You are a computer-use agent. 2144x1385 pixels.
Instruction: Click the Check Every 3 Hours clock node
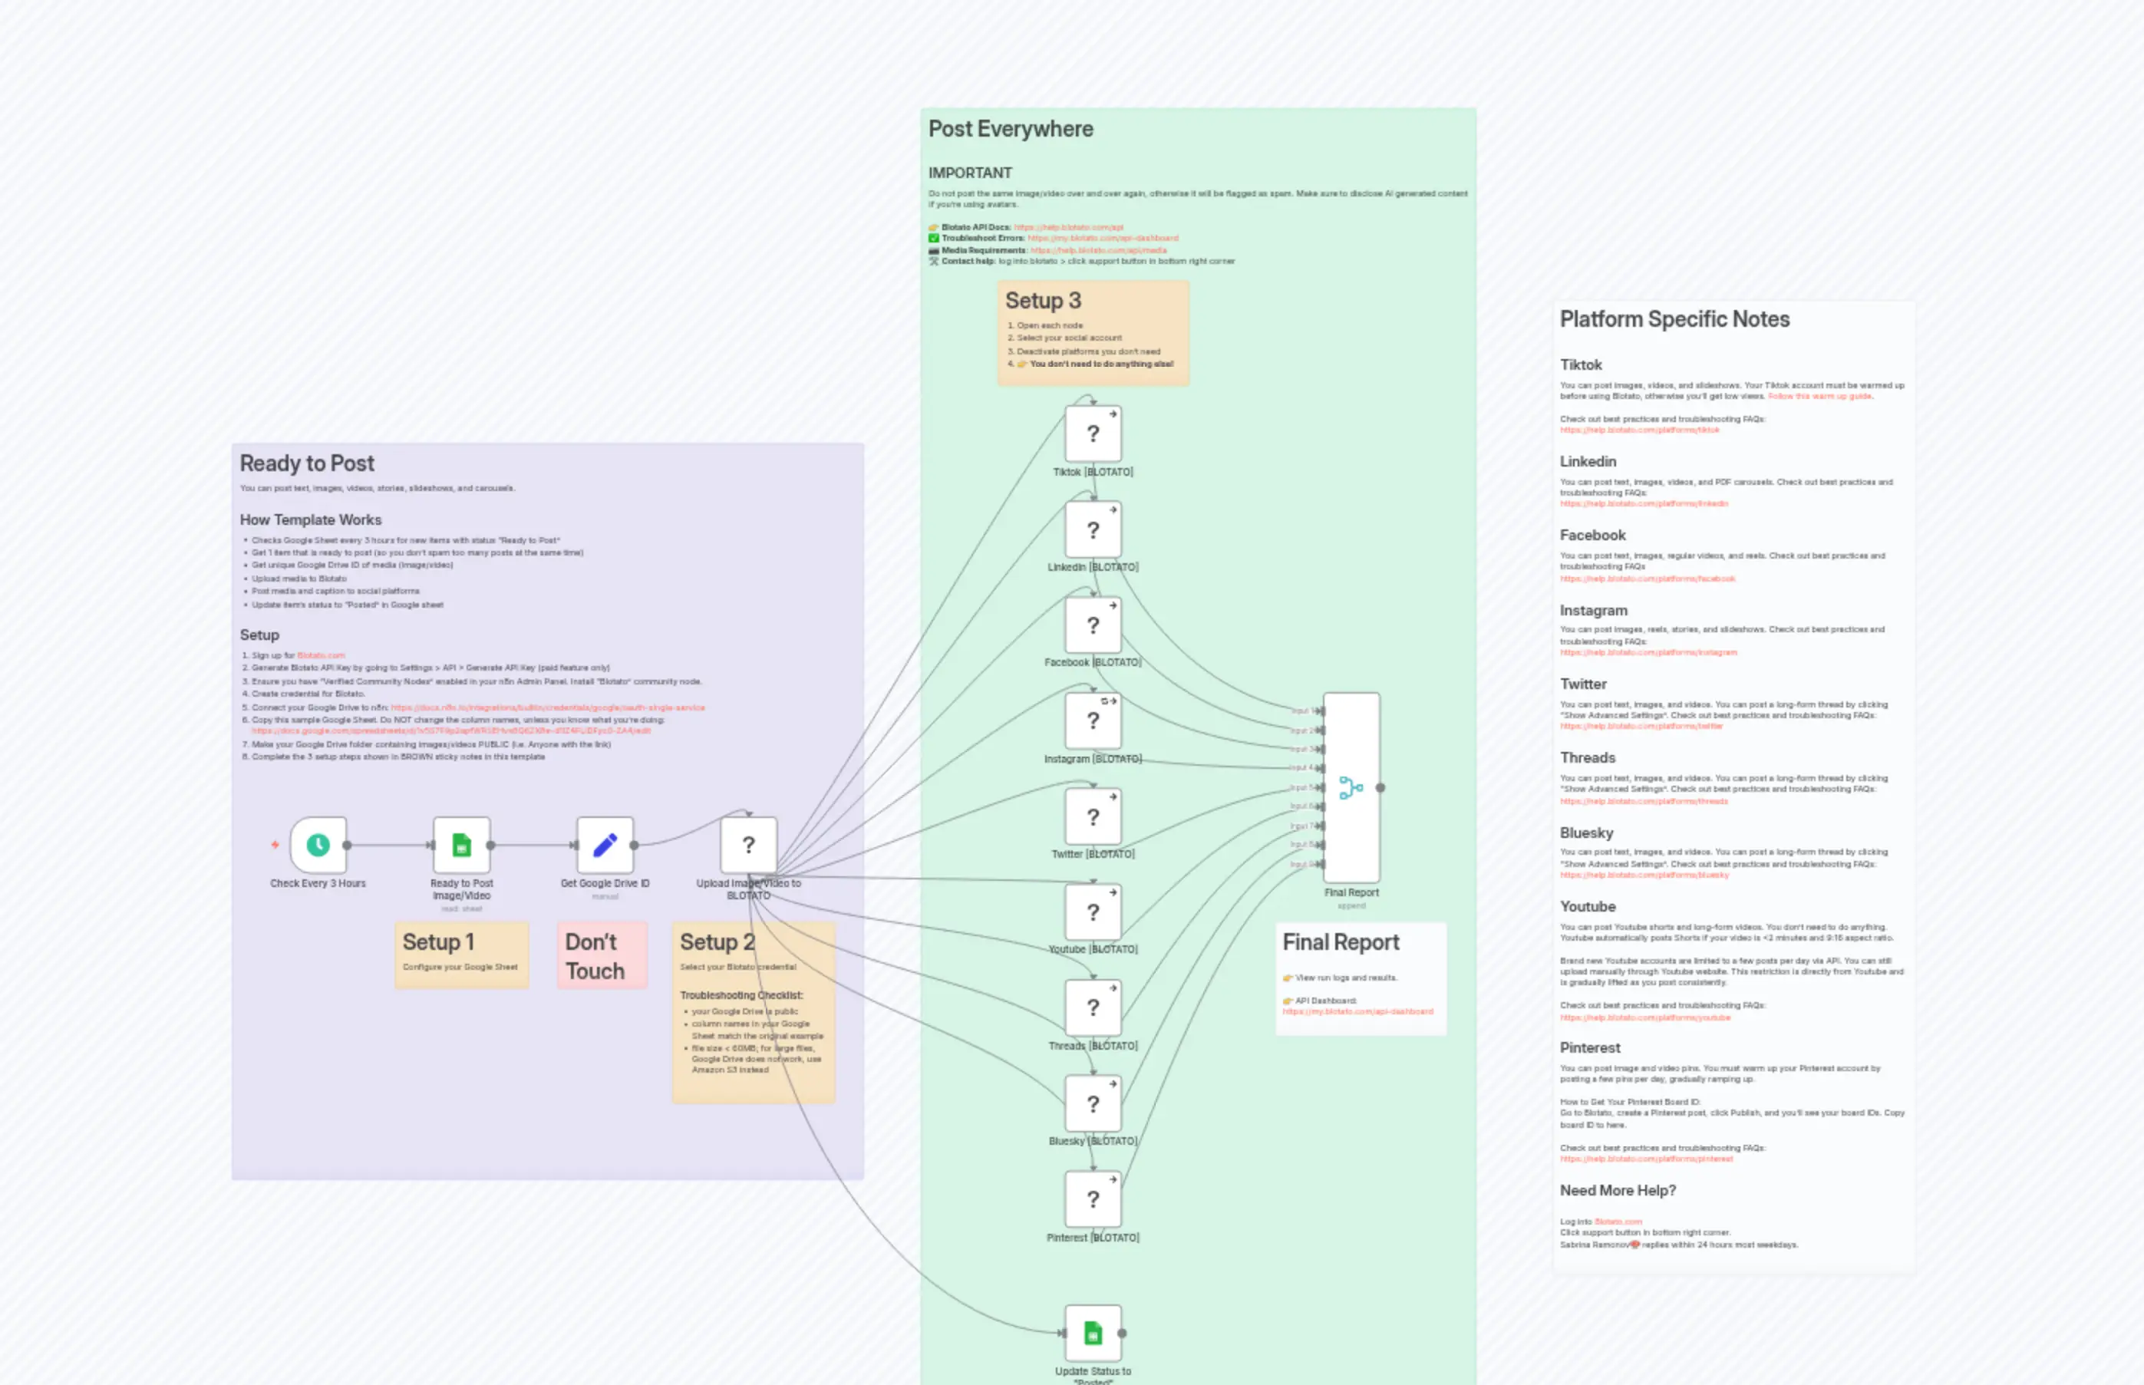318,845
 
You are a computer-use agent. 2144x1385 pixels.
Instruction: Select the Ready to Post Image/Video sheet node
461,845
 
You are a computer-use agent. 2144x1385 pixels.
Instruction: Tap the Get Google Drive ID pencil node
605,845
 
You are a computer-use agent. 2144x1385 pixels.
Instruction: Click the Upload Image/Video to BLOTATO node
748,845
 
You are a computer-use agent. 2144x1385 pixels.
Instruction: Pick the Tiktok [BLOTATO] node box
1093,434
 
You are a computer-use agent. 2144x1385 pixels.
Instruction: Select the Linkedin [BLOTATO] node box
1093,529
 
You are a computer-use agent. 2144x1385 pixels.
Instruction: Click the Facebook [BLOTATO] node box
1093,625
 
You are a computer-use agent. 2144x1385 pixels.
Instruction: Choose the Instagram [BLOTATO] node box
1093,721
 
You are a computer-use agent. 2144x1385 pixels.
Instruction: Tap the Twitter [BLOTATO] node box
1093,816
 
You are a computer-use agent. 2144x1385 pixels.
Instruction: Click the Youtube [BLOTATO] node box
1093,912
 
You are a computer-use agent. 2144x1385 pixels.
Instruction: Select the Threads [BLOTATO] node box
1093,1007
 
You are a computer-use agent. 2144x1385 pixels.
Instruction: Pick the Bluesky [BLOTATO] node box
1093,1103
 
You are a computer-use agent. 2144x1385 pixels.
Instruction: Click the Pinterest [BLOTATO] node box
1093,1199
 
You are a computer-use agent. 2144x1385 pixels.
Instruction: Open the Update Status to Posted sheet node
1093,1333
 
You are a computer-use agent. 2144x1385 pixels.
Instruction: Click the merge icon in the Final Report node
1351,788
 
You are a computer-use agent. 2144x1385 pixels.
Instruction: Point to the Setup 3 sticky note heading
1043,300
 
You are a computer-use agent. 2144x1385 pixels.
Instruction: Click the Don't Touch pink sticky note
602,955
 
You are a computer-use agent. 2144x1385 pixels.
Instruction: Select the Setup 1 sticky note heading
438,941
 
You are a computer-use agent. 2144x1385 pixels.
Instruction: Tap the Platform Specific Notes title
1674,319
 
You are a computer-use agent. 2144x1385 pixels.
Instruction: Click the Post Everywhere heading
1011,129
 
